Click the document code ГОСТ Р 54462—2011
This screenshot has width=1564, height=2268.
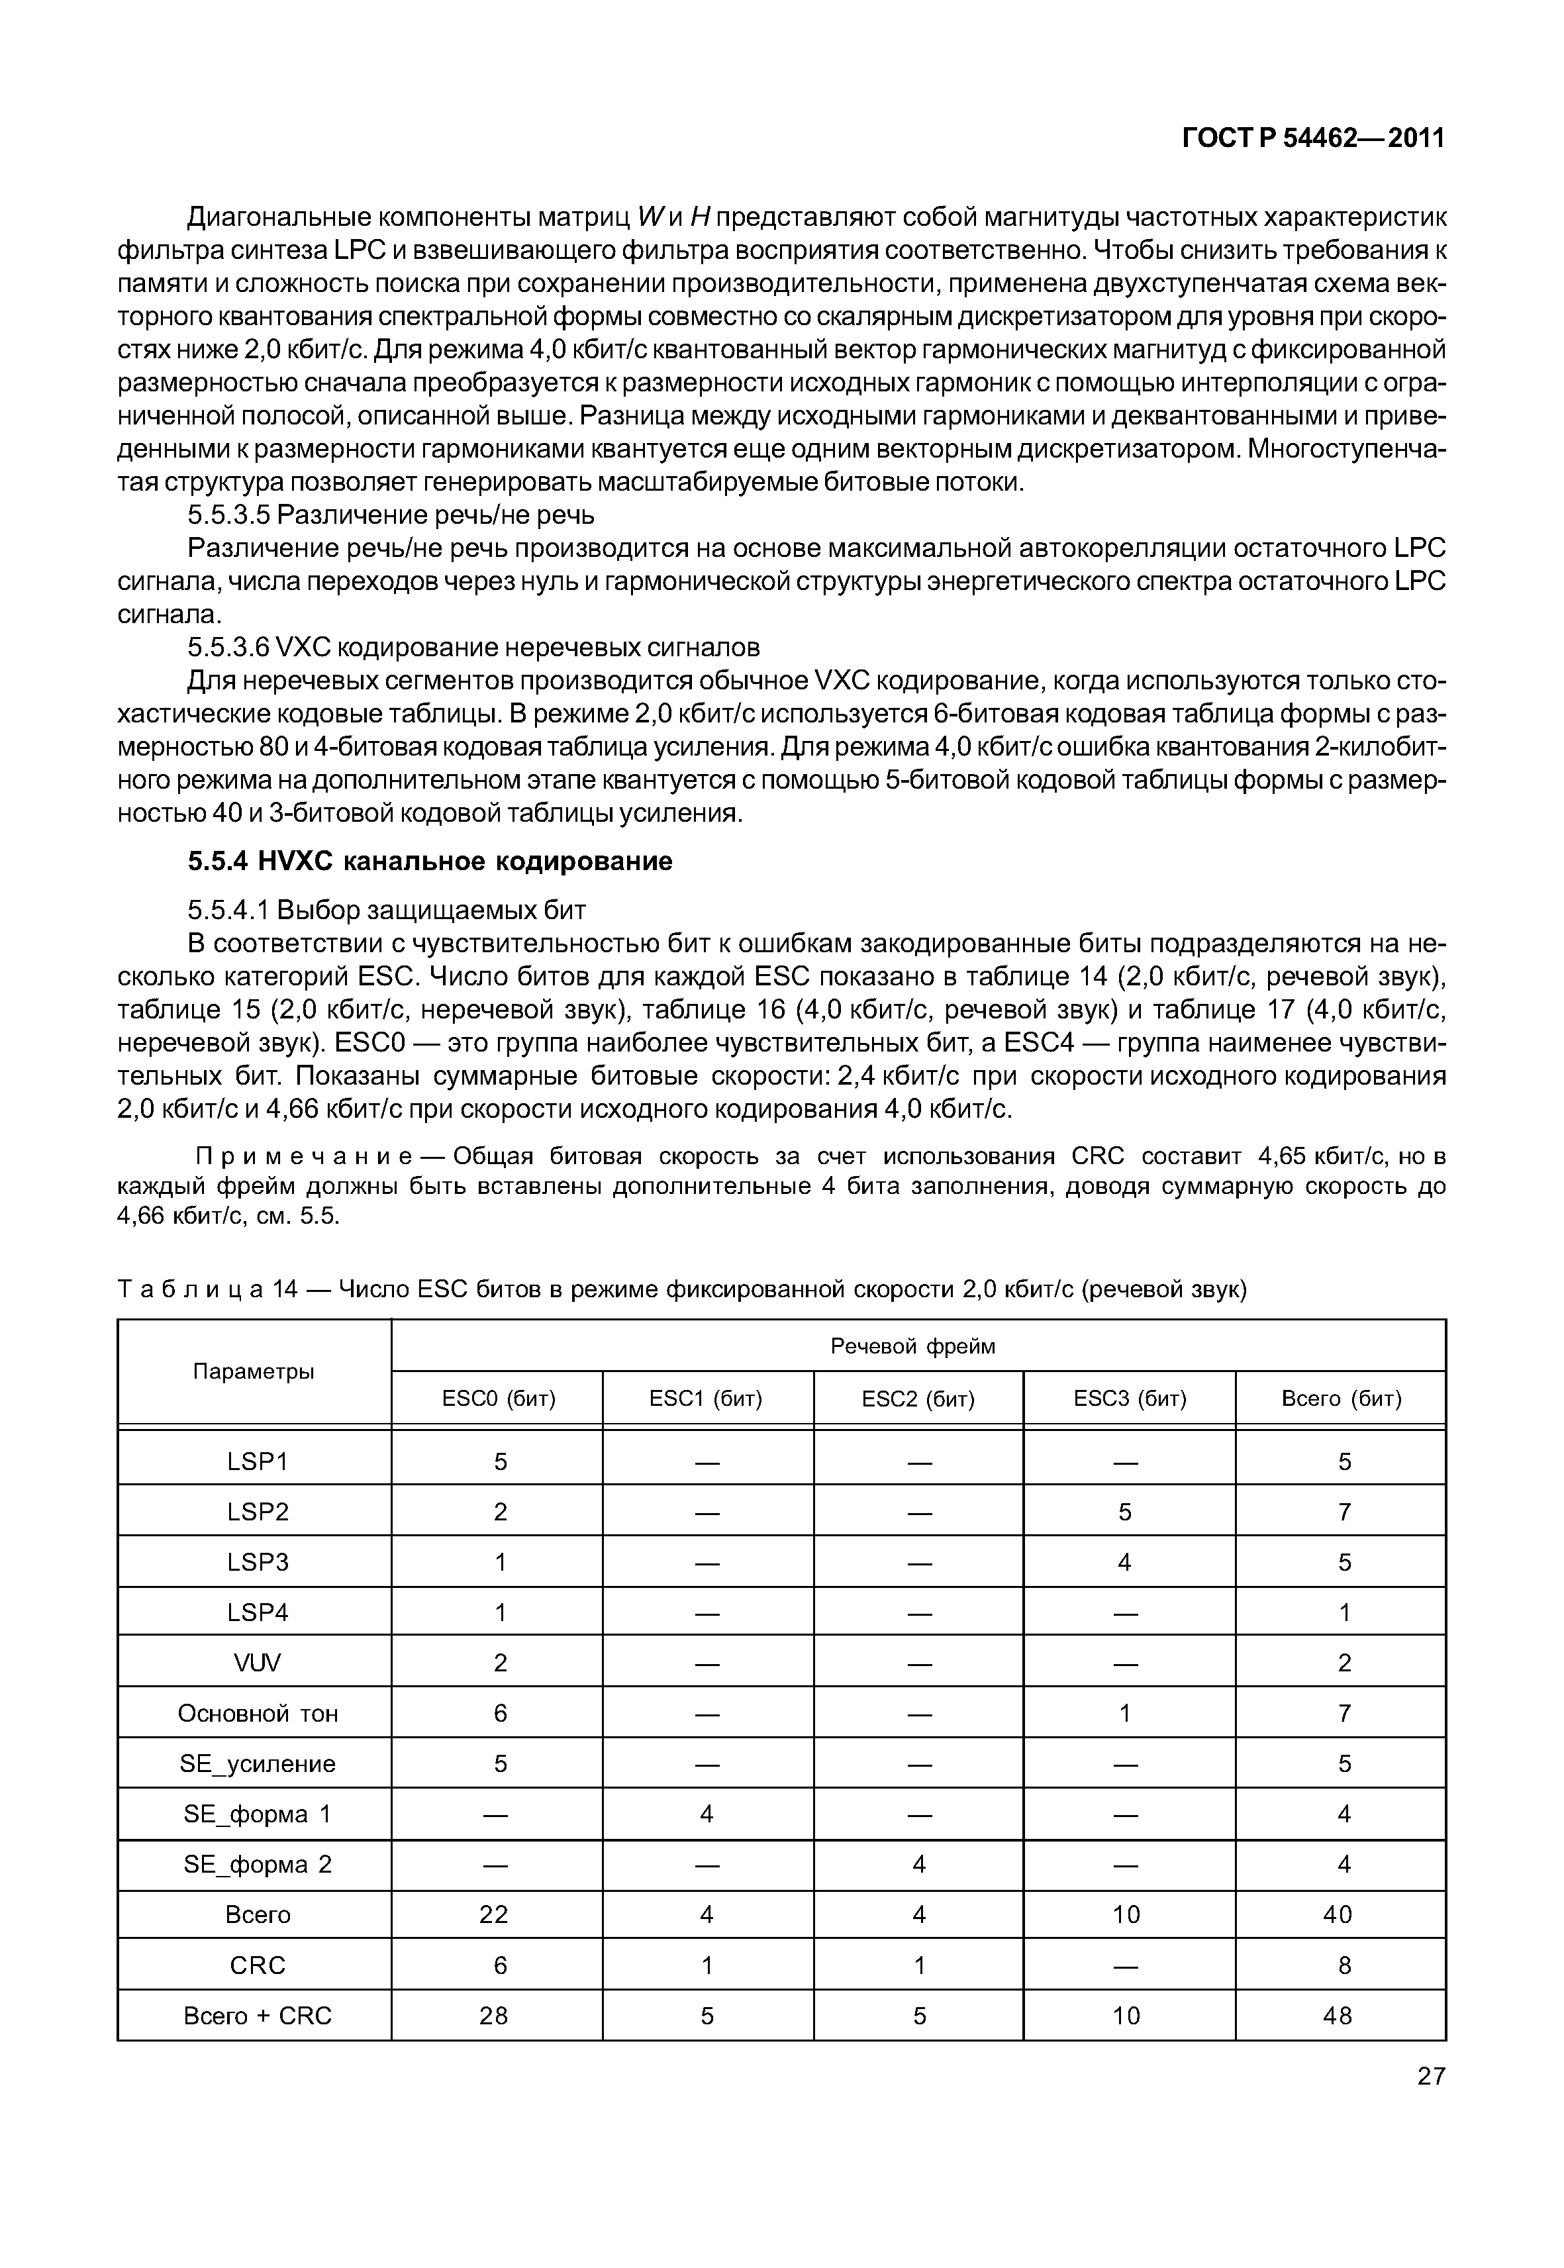point(1313,139)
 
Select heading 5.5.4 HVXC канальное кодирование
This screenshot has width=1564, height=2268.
point(430,862)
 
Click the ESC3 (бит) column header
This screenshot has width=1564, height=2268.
point(1129,1399)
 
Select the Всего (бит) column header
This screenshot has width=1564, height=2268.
point(1341,1399)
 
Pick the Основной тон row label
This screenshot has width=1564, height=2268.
point(257,1713)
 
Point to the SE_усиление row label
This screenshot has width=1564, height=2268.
point(257,1764)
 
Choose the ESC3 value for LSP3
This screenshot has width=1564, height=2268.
point(1125,1562)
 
